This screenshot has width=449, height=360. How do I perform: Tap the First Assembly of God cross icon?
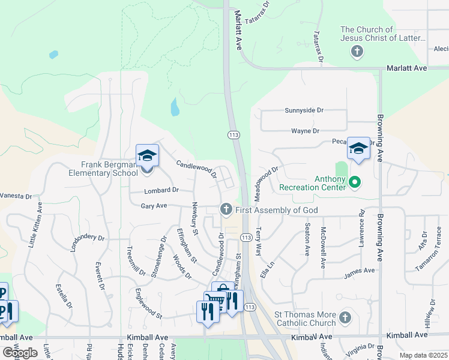click(x=226, y=209)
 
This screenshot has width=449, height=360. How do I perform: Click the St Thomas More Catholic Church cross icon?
click(x=345, y=317)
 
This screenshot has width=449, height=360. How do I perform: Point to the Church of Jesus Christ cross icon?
click(x=357, y=51)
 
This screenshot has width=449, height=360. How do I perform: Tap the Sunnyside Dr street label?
click(x=304, y=110)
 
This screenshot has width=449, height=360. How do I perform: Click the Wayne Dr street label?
click(x=305, y=130)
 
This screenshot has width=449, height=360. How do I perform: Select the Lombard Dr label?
click(x=161, y=190)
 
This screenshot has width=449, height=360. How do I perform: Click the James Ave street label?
click(x=360, y=271)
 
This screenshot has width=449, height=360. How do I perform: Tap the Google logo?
click(x=20, y=353)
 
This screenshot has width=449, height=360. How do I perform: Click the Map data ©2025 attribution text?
click(x=423, y=355)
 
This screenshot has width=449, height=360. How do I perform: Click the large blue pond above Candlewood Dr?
click(x=175, y=107)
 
